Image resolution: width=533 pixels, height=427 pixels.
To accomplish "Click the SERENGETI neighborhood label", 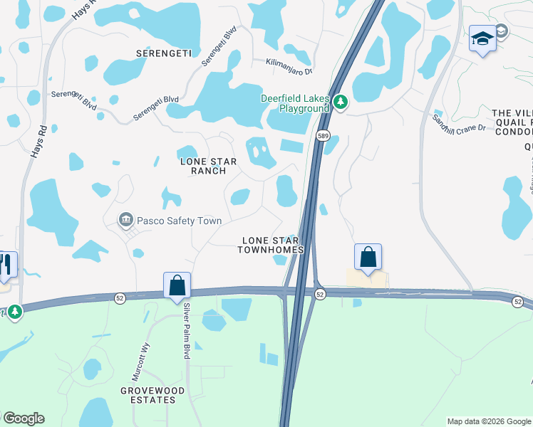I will point(164,53).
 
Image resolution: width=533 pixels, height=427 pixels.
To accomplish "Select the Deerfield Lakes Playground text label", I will point(295,103).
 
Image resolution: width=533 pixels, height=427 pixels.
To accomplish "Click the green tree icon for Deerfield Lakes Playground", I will point(341,103).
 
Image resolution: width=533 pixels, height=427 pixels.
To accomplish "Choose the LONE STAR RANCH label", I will point(203,166).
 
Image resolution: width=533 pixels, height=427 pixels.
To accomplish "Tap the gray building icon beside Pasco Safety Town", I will point(126,221).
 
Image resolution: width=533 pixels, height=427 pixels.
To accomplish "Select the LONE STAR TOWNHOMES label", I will point(271,245).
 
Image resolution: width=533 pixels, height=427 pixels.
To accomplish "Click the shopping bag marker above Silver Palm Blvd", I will point(177,286).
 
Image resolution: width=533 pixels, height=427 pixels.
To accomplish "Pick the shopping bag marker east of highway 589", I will point(368,258).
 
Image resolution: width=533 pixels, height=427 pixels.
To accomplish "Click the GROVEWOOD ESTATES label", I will point(152,395).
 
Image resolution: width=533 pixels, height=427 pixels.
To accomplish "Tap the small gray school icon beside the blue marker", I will point(501,31).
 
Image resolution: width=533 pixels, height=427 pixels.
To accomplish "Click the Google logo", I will point(24,418).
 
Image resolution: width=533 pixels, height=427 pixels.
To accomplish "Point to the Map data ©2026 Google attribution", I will point(488,421).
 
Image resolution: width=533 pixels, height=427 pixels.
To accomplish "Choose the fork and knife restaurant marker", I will point(7,265).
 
